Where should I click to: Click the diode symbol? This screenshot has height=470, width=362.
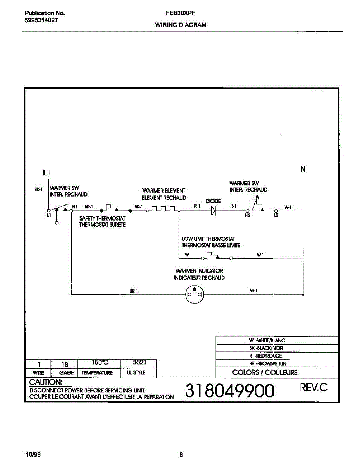(214, 211)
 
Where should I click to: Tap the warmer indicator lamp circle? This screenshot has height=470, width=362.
(195, 294)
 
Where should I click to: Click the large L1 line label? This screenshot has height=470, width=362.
(47, 172)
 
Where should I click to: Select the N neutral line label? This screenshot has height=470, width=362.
(303, 170)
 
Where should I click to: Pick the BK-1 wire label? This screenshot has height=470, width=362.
(38, 189)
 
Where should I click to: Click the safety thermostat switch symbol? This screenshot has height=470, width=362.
(111, 208)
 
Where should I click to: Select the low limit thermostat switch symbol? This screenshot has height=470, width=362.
(211, 256)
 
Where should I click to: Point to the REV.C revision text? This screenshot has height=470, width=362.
(313, 388)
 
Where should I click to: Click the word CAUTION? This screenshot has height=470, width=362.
(45, 382)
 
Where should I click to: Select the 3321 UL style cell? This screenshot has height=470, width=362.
(139, 363)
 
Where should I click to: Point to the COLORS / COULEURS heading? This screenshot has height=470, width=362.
(265, 372)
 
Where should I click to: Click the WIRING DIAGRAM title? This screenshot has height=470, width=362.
(181, 25)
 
